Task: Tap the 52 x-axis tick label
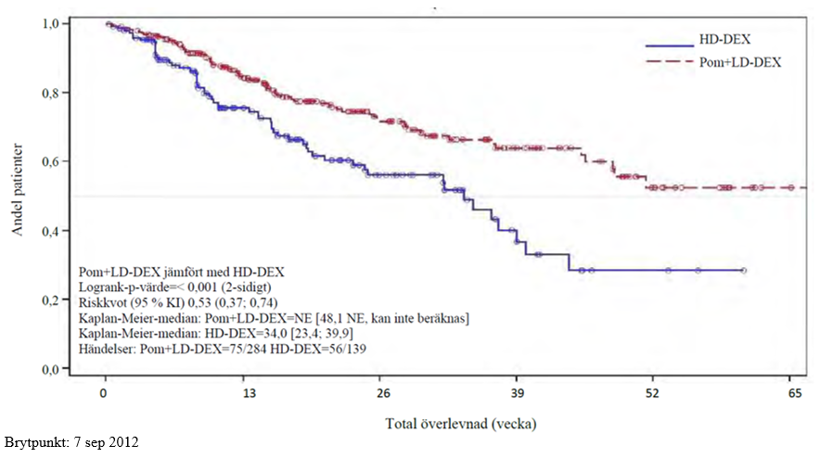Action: pyautogui.click(x=653, y=392)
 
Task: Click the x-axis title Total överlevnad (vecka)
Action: pyautogui.click(x=461, y=424)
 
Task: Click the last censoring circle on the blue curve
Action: pyautogui.click(x=743, y=271)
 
